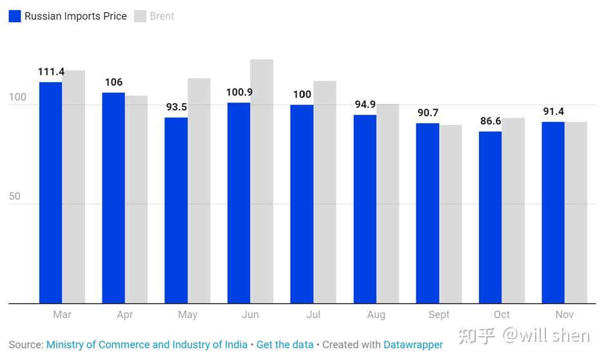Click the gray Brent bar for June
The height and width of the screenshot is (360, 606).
point(262,181)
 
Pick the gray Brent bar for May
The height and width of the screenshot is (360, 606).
point(199,190)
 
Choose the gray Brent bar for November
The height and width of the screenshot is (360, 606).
point(576,212)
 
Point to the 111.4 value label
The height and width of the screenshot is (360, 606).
point(51,72)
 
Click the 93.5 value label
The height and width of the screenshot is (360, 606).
point(176,107)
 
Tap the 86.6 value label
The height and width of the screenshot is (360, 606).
point(490,121)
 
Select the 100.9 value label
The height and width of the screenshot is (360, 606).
point(239,92)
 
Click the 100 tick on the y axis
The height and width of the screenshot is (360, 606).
point(17,97)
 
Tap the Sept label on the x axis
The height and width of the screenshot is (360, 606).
point(439,315)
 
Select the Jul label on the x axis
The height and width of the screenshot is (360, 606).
point(313,315)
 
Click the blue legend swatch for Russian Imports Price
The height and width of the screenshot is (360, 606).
point(15,16)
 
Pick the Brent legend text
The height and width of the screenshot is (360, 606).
point(162,16)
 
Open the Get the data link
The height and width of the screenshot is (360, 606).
point(285,345)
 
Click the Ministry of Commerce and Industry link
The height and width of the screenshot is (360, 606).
point(146,345)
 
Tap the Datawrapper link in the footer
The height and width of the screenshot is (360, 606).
point(413,345)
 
